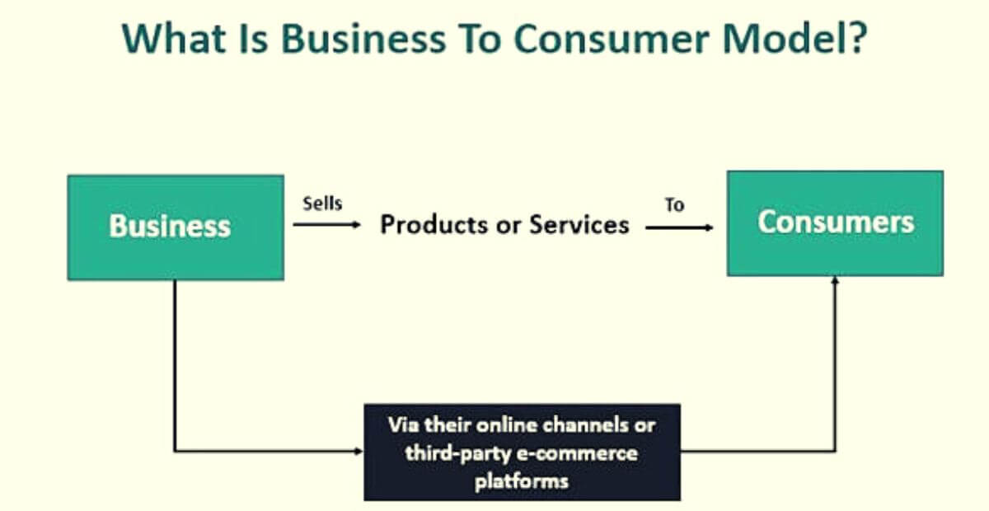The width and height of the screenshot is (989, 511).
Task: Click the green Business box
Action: [175, 227]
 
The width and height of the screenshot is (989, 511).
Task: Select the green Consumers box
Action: [835, 223]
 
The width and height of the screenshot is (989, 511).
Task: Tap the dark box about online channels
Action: [522, 452]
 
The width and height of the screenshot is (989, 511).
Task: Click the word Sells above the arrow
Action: [321, 204]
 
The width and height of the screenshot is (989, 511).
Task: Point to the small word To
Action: [674, 205]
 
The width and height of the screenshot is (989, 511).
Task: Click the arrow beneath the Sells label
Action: [326, 224]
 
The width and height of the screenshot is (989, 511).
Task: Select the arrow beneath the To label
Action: [679, 226]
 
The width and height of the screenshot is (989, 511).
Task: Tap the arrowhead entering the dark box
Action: [359, 451]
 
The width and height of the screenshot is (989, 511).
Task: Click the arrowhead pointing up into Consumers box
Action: [835, 281]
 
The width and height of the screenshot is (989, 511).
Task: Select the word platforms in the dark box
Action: [522, 481]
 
